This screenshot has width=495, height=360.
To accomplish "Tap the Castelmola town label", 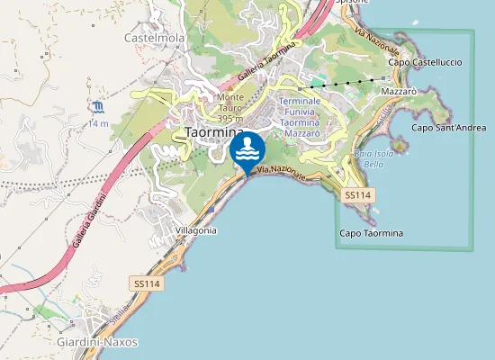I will [x=154, y=39].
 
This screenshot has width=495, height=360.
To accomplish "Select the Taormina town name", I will [x=214, y=131].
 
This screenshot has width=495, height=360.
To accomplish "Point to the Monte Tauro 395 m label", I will [x=231, y=108].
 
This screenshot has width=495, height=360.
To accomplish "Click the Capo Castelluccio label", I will [x=425, y=63].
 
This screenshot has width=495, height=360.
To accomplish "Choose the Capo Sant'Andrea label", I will [x=448, y=128].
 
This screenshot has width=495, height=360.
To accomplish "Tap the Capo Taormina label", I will [x=371, y=234].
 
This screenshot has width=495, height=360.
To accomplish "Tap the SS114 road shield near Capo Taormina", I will [x=357, y=195].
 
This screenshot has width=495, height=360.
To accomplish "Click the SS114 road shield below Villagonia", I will [x=147, y=283].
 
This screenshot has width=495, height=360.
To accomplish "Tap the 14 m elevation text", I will [x=98, y=123].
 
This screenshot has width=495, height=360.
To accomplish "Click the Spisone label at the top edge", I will [x=353, y=3].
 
